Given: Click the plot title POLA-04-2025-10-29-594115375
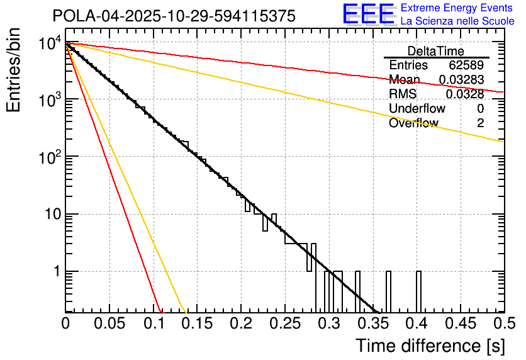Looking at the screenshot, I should (x=174, y=16).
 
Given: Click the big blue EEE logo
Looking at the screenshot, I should (x=368, y=14).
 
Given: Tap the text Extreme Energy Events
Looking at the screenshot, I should (x=456, y=8).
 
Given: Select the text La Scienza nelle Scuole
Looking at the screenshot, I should (x=457, y=21).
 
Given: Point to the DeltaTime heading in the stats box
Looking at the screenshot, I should (x=436, y=51).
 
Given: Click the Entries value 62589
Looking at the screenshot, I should (x=466, y=65).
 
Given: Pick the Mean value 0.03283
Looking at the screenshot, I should (x=461, y=80).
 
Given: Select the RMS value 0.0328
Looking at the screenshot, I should (x=465, y=94).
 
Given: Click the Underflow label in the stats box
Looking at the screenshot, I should (x=417, y=108).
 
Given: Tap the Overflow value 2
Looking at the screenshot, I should (x=480, y=123).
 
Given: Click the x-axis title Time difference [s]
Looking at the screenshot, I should (x=429, y=346).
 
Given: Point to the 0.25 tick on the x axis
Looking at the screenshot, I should (x=284, y=323).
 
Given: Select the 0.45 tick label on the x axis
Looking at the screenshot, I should (x=460, y=323).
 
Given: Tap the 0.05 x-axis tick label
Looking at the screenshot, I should (x=109, y=323).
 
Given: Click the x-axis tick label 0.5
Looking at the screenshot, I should (x=504, y=323).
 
